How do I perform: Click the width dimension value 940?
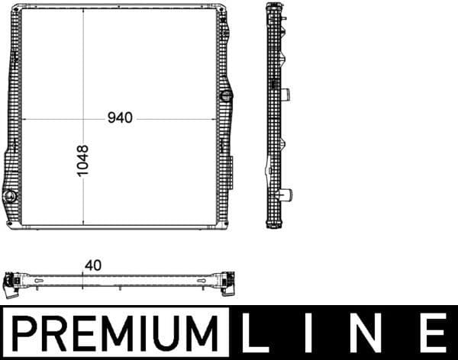(x=120, y=118)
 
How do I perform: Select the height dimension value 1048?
(x=83, y=161)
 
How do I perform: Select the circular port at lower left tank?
(x=11, y=198)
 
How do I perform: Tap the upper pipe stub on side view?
(x=286, y=95)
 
